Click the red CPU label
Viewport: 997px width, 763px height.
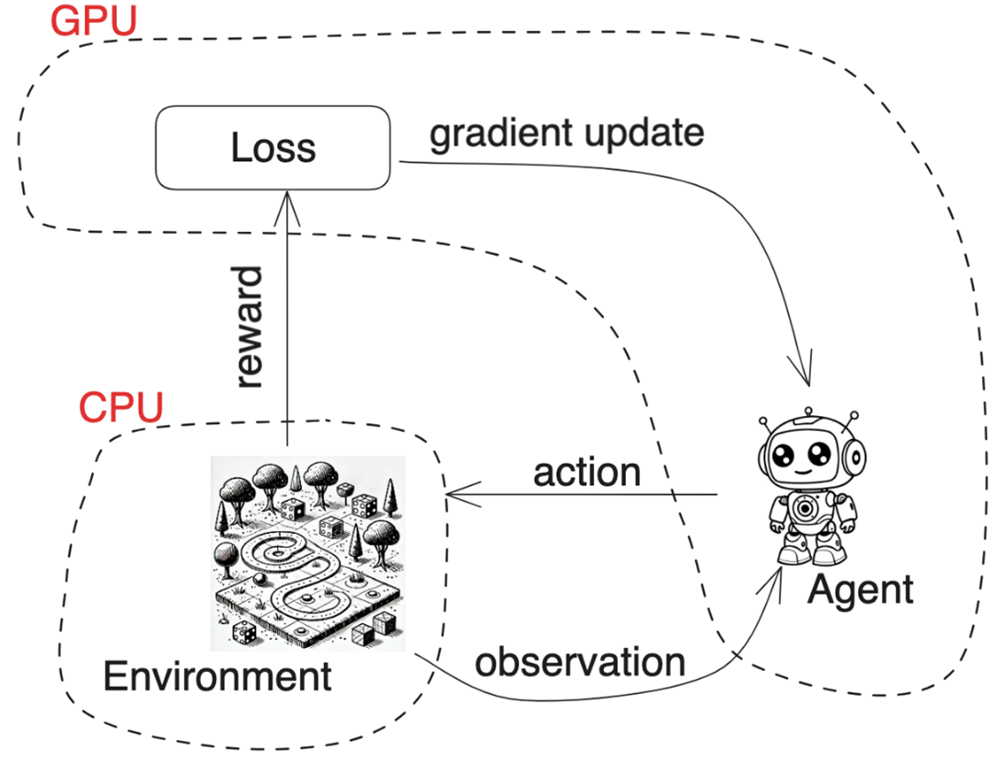click(x=120, y=406)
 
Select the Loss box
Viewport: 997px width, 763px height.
click(x=273, y=148)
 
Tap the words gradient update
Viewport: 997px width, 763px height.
click(x=566, y=133)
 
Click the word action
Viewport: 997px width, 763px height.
click(x=586, y=472)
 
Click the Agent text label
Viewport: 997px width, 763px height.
click(x=861, y=590)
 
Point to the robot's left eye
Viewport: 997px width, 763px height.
click(x=783, y=456)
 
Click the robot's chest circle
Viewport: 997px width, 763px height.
click(x=807, y=508)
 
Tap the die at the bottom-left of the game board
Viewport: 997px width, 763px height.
click(x=244, y=633)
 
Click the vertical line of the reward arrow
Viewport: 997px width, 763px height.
click(x=288, y=322)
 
